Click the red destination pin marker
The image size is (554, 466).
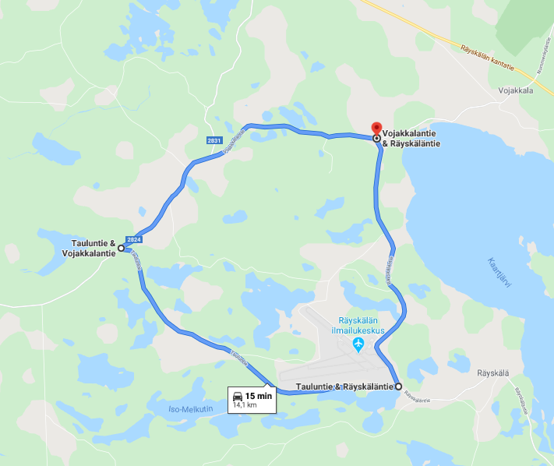pyautogui.click(x=376, y=129)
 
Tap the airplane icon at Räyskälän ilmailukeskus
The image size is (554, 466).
pyautogui.click(x=358, y=344)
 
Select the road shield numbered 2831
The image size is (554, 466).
pyautogui.click(x=214, y=140)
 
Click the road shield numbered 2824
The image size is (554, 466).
pyautogui.click(x=133, y=239)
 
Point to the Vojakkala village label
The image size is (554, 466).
pyautogui.click(x=516, y=90)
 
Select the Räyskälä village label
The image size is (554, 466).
pyautogui.click(x=492, y=372)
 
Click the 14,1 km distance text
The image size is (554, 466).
pyautogui.click(x=245, y=405)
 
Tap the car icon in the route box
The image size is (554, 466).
pyautogui.click(x=238, y=396)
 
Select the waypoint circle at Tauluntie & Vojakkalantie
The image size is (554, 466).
pyautogui.click(x=121, y=249)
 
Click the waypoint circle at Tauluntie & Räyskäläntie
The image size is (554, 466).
pyautogui.click(x=399, y=387)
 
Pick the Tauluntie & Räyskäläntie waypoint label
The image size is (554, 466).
pyautogui.click(x=345, y=387)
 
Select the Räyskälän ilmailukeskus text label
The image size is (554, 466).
pyautogui.click(x=362, y=325)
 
